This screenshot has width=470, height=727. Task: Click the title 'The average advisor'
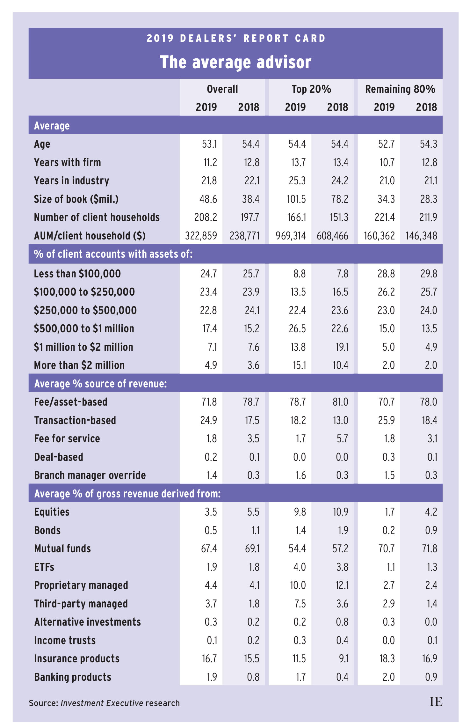(x=235, y=62)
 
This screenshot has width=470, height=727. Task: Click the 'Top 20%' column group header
(x=311, y=89)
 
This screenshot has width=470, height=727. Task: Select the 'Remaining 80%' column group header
(x=400, y=89)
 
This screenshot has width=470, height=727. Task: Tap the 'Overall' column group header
(x=222, y=89)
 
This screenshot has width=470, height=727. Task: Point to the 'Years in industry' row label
(x=71, y=181)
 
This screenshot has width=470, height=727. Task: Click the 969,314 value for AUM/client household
(x=291, y=236)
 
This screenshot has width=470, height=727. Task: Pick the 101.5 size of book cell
(x=296, y=199)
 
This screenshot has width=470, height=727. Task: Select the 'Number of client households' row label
(x=97, y=217)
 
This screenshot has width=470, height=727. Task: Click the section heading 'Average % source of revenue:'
(x=100, y=384)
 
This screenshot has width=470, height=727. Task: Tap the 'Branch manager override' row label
(x=90, y=475)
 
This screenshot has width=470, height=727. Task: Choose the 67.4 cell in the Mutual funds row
(x=209, y=549)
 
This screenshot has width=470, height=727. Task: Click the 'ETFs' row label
(x=44, y=567)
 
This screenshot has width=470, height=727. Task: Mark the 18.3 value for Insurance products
(x=387, y=659)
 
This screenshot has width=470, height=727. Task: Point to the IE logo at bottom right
(x=436, y=702)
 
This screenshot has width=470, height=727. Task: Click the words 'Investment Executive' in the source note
(x=102, y=703)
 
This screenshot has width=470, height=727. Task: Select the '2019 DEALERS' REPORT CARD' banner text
(x=236, y=39)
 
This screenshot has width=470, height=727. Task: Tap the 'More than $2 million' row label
(x=79, y=365)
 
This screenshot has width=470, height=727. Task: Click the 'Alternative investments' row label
(x=87, y=622)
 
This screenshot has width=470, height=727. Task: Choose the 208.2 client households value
(x=206, y=217)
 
